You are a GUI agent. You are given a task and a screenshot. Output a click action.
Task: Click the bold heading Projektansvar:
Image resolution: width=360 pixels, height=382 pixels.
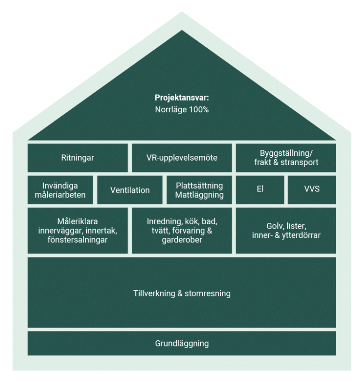(x=182, y=98)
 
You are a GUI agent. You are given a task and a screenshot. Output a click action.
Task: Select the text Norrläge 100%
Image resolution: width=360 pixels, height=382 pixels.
(x=182, y=110)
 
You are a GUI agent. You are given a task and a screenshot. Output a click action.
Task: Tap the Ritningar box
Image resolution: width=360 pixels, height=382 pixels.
(x=77, y=158)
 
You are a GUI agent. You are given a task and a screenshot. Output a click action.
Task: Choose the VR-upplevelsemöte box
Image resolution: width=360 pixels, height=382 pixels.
(x=182, y=158)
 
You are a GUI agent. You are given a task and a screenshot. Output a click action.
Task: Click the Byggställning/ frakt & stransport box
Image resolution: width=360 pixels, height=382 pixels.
(x=286, y=158)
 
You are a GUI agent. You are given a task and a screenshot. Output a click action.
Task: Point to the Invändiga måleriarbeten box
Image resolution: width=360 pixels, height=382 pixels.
(x=60, y=190)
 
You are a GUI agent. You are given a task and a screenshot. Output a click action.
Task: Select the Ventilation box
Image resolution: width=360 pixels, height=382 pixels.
(x=130, y=190)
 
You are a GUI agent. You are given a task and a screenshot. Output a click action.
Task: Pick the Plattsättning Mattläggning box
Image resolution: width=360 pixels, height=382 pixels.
(x=199, y=190)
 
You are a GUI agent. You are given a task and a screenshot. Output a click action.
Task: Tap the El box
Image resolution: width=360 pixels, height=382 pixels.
(x=260, y=190)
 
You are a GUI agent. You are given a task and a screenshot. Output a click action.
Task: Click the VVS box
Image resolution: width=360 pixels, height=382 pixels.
(x=312, y=190)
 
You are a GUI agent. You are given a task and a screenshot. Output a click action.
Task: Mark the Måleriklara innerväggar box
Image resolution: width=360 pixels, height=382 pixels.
(x=77, y=230)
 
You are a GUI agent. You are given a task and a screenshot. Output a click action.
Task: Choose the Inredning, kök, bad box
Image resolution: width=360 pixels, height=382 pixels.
(x=182, y=230)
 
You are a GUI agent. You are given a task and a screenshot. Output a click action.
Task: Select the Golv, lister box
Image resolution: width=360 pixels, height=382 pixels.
(x=286, y=230)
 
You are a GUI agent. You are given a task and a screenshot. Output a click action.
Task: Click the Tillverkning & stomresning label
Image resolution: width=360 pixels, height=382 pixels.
(x=182, y=294)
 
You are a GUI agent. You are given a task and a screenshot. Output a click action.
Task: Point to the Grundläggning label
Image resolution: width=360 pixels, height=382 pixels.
(x=182, y=344)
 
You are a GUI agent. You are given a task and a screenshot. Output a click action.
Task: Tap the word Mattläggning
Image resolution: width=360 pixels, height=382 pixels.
(x=199, y=195)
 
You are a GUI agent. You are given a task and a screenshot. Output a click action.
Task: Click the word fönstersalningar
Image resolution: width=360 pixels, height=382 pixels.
(x=77, y=240)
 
